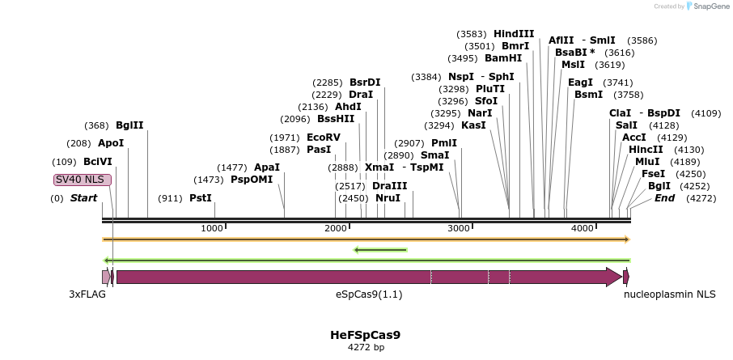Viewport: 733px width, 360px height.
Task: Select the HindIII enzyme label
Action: (x=514, y=34)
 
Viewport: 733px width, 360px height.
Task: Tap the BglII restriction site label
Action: (x=129, y=125)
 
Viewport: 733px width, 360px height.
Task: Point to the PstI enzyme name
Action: (x=200, y=198)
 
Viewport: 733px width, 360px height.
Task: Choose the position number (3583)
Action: (x=472, y=34)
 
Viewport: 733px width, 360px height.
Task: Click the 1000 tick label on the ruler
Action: (x=212, y=229)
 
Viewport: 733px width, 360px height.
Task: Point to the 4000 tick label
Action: (x=583, y=229)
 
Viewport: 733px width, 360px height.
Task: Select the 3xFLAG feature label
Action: (x=87, y=294)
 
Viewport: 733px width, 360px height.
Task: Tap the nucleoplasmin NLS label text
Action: (x=669, y=294)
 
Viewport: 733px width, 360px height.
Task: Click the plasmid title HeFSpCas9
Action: (x=365, y=335)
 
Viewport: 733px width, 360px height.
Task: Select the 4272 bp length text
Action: (x=366, y=348)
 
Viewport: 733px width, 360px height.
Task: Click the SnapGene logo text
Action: (x=709, y=6)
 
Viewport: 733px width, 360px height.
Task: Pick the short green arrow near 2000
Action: (x=380, y=250)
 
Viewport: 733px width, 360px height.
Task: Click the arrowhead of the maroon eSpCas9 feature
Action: (x=614, y=277)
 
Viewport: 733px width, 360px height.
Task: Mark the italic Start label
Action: (x=83, y=198)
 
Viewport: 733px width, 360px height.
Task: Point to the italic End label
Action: (x=664, y=198)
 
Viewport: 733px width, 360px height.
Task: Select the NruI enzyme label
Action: (x=388, y=198)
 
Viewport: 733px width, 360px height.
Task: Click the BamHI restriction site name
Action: (x=503, y=58)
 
